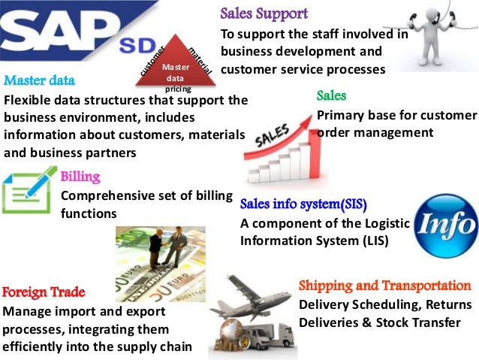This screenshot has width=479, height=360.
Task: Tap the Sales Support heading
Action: [x=264, y=14]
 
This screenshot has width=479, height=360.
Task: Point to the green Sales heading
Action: [x=331, y=96]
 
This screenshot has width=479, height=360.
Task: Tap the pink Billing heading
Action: [x=80, y=177]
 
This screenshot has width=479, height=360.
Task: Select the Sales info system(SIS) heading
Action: [x=303, y=204]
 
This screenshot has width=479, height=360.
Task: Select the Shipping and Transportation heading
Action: [x=385, y=286]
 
